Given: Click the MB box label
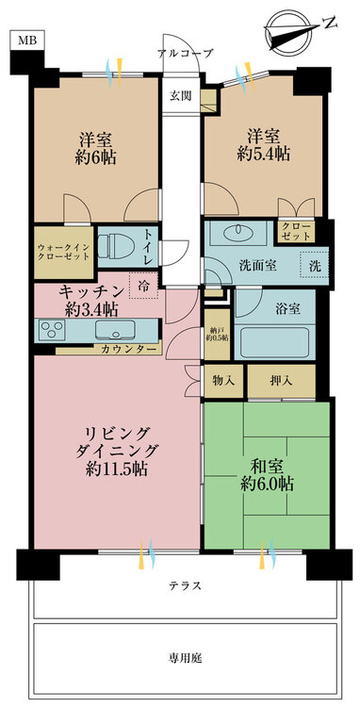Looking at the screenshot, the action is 26,41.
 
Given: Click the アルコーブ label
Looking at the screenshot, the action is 185,53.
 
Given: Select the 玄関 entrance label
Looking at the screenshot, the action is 181,95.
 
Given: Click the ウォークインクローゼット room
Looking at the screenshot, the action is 63,253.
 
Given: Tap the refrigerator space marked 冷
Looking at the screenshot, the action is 143,285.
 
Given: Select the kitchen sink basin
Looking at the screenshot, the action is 116,330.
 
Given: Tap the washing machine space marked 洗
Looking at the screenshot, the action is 316,266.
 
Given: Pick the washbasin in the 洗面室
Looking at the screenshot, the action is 236,231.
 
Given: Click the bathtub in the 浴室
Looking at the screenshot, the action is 274,342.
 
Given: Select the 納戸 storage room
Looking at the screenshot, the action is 217,335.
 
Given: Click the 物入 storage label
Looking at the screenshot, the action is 224,381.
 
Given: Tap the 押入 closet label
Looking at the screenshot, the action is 281,381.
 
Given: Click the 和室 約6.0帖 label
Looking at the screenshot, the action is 268,475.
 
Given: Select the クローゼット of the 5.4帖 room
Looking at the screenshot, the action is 296,230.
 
